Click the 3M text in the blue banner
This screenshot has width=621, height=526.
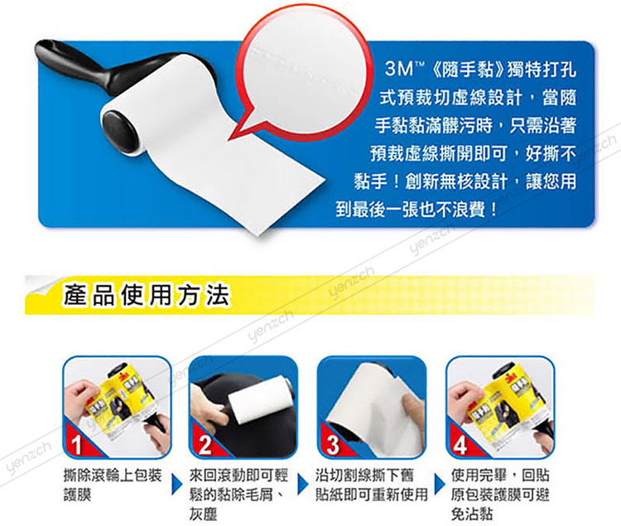pos(399,69)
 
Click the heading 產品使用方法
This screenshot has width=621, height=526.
pos(146,295)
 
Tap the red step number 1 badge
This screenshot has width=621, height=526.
pos(77,444)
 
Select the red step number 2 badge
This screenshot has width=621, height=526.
pos(205,444)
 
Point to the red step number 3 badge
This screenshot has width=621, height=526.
pos(333,444)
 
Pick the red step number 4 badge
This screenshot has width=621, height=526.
pos(460,444)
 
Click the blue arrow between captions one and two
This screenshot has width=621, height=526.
pos(176,484)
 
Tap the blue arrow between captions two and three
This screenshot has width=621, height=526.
pos(303,484)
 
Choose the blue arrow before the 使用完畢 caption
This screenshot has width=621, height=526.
pos(440,484)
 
